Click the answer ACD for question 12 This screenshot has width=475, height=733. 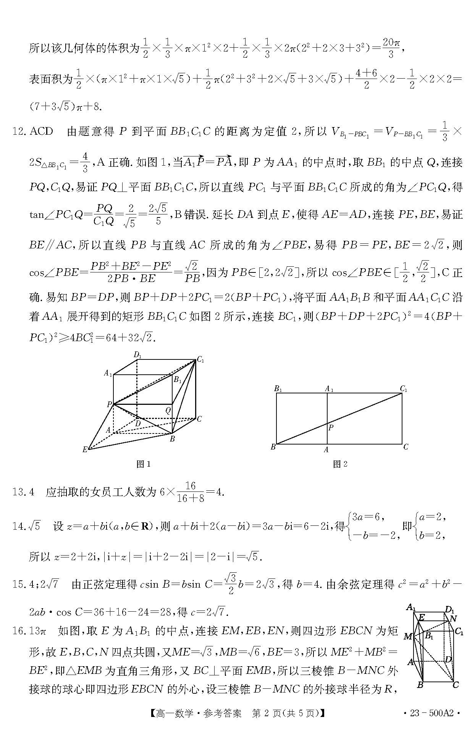41,132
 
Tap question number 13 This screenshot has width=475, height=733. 19,492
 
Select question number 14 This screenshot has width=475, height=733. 19,527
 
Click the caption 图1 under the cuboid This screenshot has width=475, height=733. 144,464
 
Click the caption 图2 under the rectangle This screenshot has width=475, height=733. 340,464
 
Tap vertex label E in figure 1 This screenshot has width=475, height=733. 85,450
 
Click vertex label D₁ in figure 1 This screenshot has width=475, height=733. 137,355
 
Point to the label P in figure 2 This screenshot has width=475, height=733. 331,427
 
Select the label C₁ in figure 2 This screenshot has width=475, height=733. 404,389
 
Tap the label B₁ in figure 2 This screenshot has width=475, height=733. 278,389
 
